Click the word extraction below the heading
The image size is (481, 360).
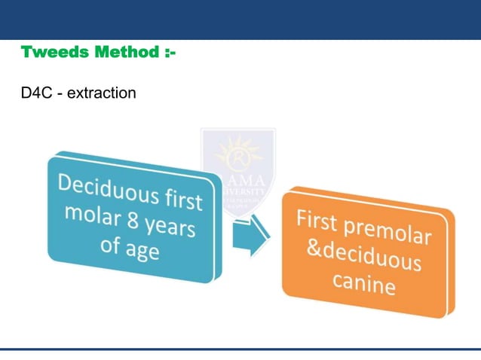[101, 94]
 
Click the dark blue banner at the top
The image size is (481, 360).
[240, 20]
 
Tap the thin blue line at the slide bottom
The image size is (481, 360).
[240, 349]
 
